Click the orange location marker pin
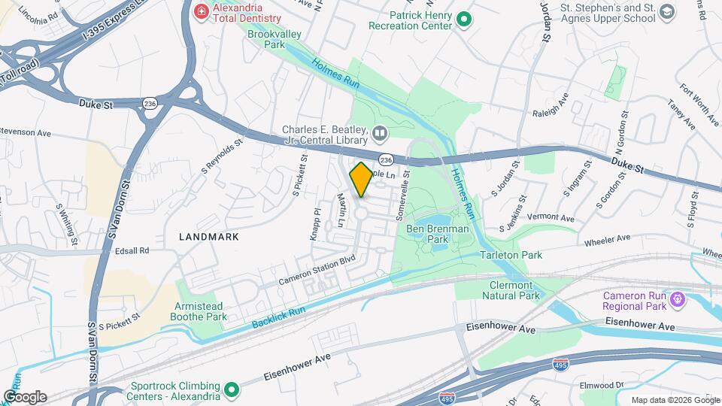(x=362, y=180)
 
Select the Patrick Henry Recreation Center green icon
(x=464, y=20)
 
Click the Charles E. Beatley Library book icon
(x=380, y=135)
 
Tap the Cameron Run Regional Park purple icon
(x=677, y=301)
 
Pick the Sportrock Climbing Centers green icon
(x=232, y=390)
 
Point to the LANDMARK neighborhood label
(x=209, y=236)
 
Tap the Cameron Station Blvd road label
(x=316, y=271)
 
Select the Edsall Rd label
(x=133, y=250)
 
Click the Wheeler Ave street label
(x=608, y=239)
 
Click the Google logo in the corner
(x=24, y=396)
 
